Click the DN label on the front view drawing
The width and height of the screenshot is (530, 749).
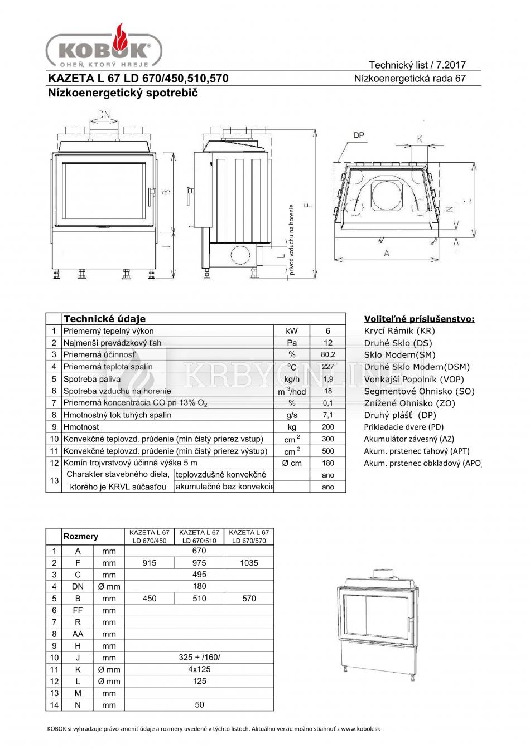tap(104, 115)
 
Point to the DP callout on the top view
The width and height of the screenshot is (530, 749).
tap(359, 135)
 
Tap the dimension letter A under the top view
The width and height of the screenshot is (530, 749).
tap(386, 252)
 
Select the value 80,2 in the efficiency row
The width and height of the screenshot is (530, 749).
tap(328, 354)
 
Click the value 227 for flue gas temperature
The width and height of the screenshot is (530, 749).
tap(328, 367)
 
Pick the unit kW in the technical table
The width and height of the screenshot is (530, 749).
tap(292, 331)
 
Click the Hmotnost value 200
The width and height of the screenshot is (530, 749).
tap(328, 427)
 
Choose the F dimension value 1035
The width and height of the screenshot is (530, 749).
tap(249, 563)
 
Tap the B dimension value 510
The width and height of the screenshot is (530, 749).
tap(199, 599)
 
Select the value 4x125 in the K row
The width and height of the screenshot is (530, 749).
tap(199, 669)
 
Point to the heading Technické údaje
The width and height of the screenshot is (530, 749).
tap(104, 319)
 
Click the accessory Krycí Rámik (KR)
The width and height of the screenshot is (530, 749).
tap(399, 331)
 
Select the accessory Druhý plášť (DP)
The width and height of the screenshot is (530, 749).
tap(400, 415)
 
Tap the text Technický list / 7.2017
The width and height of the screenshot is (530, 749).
tap(417, 65)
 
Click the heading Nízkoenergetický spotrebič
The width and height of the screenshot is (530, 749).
tap(123, 93)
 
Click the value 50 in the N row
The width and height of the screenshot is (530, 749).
tap(199, 705)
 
